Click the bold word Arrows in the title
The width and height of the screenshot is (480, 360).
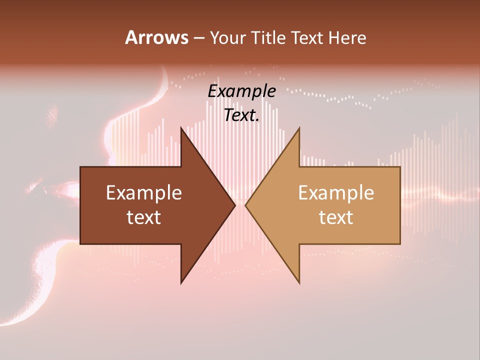point(156,37)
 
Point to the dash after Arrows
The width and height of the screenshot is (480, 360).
point(198,38)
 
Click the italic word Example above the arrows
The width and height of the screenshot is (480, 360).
point(241,91)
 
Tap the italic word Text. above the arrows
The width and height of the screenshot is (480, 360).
point(241,115)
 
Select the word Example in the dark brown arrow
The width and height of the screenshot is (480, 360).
point(144,193)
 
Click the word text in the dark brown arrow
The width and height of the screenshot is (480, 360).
point(144,217)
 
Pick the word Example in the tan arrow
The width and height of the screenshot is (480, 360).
point(336,193)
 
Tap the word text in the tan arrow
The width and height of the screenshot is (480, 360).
point(336,217)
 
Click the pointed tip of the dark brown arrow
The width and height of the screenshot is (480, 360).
point(234,205)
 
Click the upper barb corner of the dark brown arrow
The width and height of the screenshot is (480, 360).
point(181,128)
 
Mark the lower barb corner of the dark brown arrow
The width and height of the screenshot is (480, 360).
point(181,282)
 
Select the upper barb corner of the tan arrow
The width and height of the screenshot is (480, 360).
point(299,128)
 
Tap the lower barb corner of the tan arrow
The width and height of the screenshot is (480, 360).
point(299,282)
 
